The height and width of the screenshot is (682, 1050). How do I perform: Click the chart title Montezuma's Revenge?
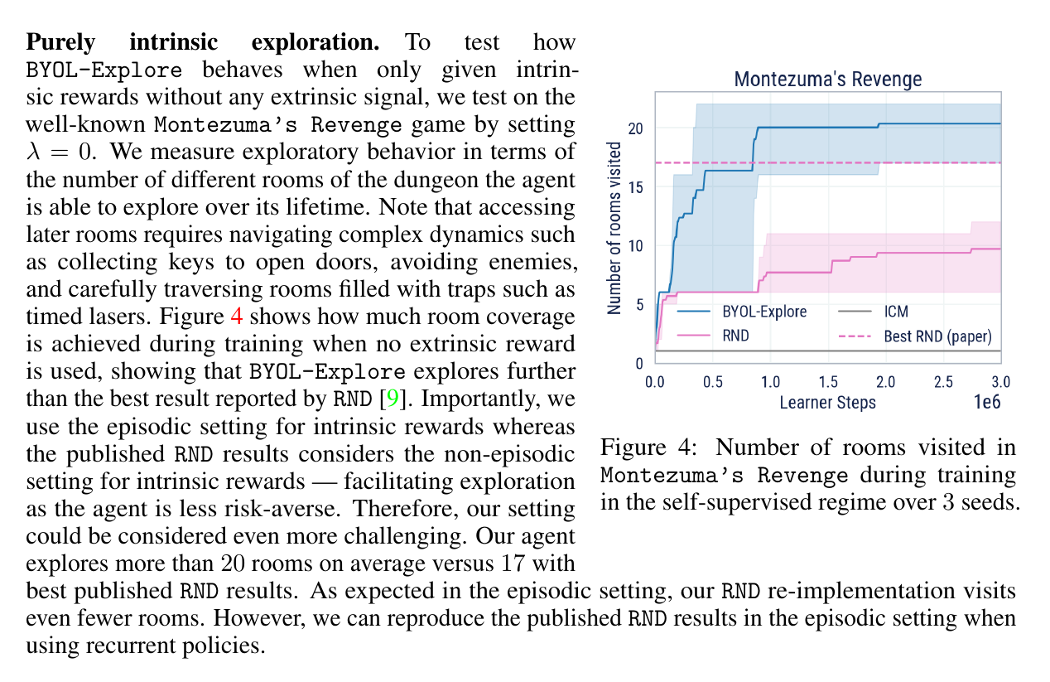pyautogui.click(x=828, y=79)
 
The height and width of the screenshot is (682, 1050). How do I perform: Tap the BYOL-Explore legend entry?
pyautogui.click(x=742, y=312)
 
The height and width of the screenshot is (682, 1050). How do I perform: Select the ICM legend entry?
pyautogui.click(x=873, y=312)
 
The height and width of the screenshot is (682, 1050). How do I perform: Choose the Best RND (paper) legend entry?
pyautogui.click(x=914, y=336)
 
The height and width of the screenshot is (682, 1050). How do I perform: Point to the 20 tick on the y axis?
pyautogui.click(x=635, y=128)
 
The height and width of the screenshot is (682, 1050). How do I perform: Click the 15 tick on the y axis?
pyautogui.click(x=635, y=187)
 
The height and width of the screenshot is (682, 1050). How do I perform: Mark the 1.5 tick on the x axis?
pyautogui.click(x=828, y=382)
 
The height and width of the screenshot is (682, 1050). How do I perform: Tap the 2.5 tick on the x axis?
pyautogui.click(x=943, y=382)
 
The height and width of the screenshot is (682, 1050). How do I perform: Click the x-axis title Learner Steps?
pyautogui.click(x=827, y=403)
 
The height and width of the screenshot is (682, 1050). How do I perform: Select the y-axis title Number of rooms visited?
pyautogui.click(x=614, y=228)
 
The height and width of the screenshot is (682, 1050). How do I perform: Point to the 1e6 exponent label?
pyautogui.click(x=987, y=402)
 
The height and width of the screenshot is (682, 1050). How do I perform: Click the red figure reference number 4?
pyautogui.click(x=237, y=317)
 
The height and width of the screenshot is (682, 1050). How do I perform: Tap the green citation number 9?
pyautogui.click(x=393, y=399)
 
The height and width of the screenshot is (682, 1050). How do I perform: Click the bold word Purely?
pyautogui.click(x=61, y=43)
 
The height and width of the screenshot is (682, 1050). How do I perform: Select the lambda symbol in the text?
pyautogui.click(x=33, y=152)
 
